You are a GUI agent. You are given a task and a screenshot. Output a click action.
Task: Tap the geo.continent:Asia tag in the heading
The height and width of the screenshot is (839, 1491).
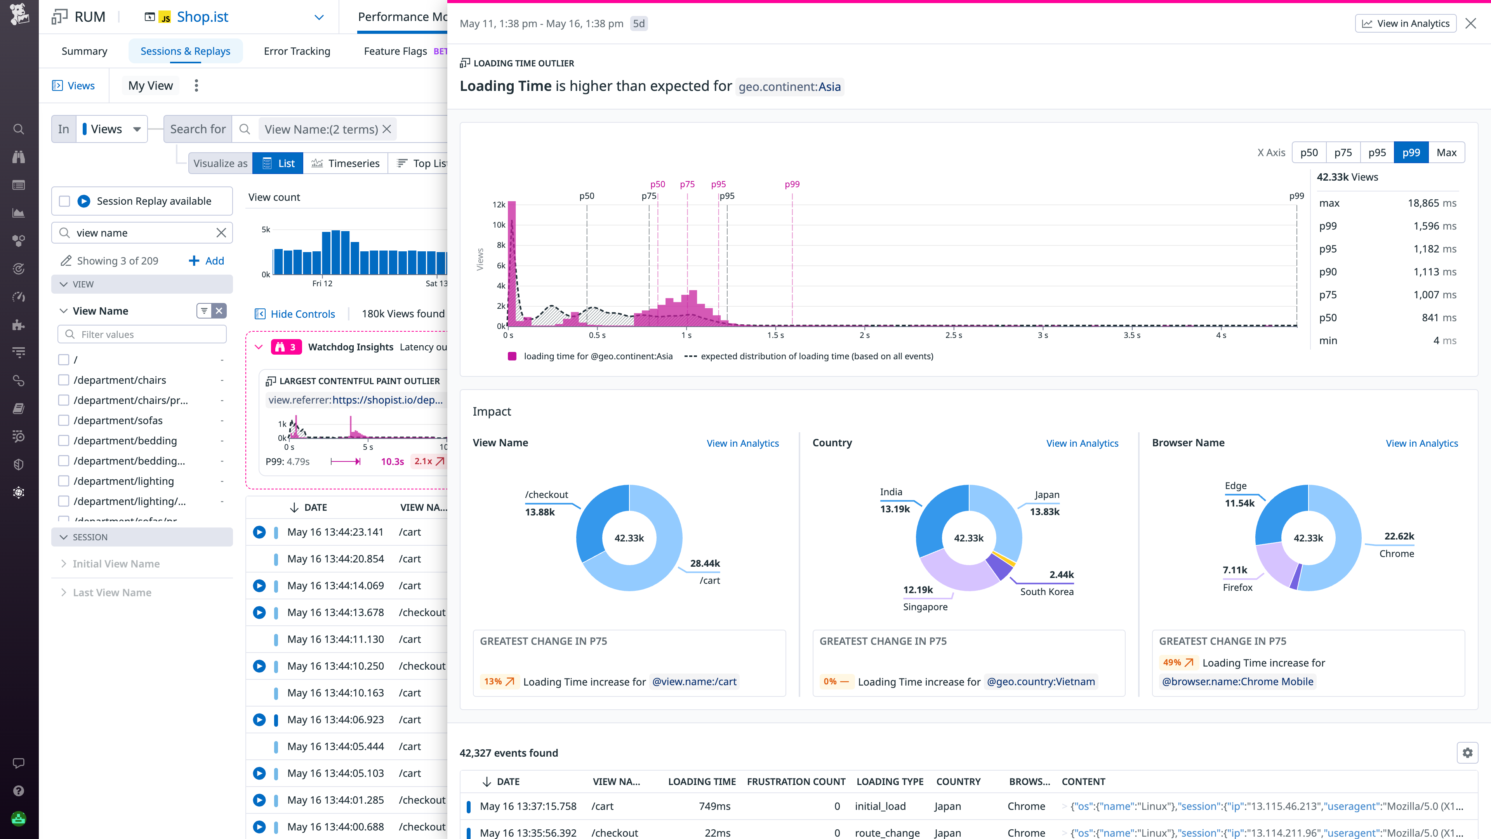[x=789, y=87]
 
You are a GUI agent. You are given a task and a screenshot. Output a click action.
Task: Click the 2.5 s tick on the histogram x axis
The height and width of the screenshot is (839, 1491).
[x=953, y=335]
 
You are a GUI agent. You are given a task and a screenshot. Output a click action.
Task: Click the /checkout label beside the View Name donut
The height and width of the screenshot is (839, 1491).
[x=546, y=494]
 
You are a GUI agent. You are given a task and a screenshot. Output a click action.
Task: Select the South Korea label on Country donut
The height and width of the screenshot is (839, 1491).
[x=1046, y=591]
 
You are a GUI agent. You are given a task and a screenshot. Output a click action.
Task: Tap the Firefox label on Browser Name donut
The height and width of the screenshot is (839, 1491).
[x=1237, y=587]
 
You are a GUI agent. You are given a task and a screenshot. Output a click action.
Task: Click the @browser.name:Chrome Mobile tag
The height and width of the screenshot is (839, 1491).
[x=1237, y=682]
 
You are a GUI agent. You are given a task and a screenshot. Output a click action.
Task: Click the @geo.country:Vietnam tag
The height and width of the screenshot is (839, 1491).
[x=1041, y=682]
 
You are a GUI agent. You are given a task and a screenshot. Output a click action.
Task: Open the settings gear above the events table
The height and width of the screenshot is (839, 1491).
[x=1467, y=753]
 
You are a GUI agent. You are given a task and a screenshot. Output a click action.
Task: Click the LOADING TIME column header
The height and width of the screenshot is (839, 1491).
[x=702, y=782]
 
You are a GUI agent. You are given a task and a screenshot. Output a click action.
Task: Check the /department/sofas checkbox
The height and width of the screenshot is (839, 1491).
[x=64, y=420]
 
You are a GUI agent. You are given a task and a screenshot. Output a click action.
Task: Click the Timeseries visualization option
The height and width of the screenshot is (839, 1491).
[x=346, y=163]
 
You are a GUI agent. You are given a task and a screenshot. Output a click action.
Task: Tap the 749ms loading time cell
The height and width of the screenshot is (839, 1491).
[x=714, y=806]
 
